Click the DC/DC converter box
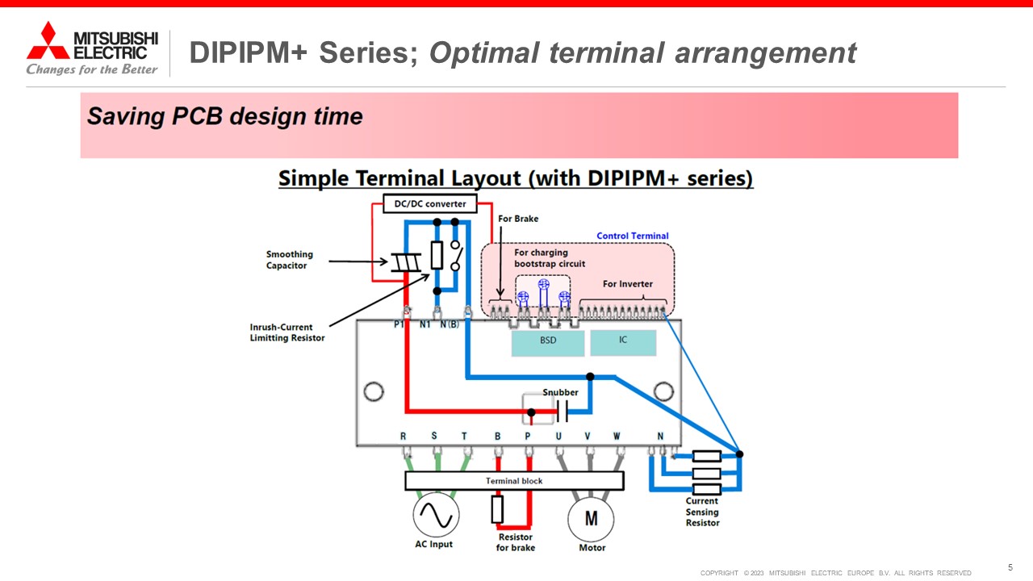point(430,203)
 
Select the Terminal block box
point(514,480)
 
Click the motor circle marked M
point(591,519)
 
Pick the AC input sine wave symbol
point(436,515)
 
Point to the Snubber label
point(560,392)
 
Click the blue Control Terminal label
point(632,236)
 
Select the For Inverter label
point(628,283)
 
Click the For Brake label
point(518,219)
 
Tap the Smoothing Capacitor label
point(289,260)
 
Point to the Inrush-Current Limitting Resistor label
point(287,332)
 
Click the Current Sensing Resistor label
point(702,512)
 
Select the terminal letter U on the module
point(558,436)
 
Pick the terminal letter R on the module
point(403,436)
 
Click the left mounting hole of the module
point(374,391)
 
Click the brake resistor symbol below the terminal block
point(497,509)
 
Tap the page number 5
point(1010,567)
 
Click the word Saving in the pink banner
point(126,115)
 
